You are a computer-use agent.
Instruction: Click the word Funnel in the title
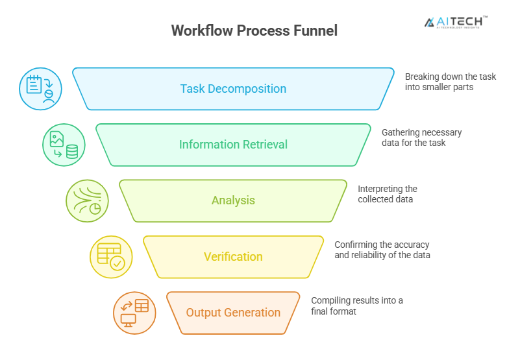(315, 30)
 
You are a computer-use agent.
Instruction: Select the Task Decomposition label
(233, 89)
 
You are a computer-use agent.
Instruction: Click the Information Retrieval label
(233, 145)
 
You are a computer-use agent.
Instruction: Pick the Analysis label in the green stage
(233, 200)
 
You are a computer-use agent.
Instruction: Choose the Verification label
(233, 257)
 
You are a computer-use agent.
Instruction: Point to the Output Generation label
(233, 313)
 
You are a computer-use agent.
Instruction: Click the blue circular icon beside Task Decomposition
(40, 89)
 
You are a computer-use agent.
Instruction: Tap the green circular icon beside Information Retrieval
(64, 145)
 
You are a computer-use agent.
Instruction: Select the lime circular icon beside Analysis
(87, 200)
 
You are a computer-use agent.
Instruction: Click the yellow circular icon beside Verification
(111, 257)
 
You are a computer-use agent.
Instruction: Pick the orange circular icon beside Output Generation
(134, 313)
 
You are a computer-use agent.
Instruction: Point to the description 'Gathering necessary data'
(421, 138)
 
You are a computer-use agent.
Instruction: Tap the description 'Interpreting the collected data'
(388, 194)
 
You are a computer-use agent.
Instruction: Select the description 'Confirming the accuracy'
(382, 250)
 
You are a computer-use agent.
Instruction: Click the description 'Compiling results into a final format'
(356, 306)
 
